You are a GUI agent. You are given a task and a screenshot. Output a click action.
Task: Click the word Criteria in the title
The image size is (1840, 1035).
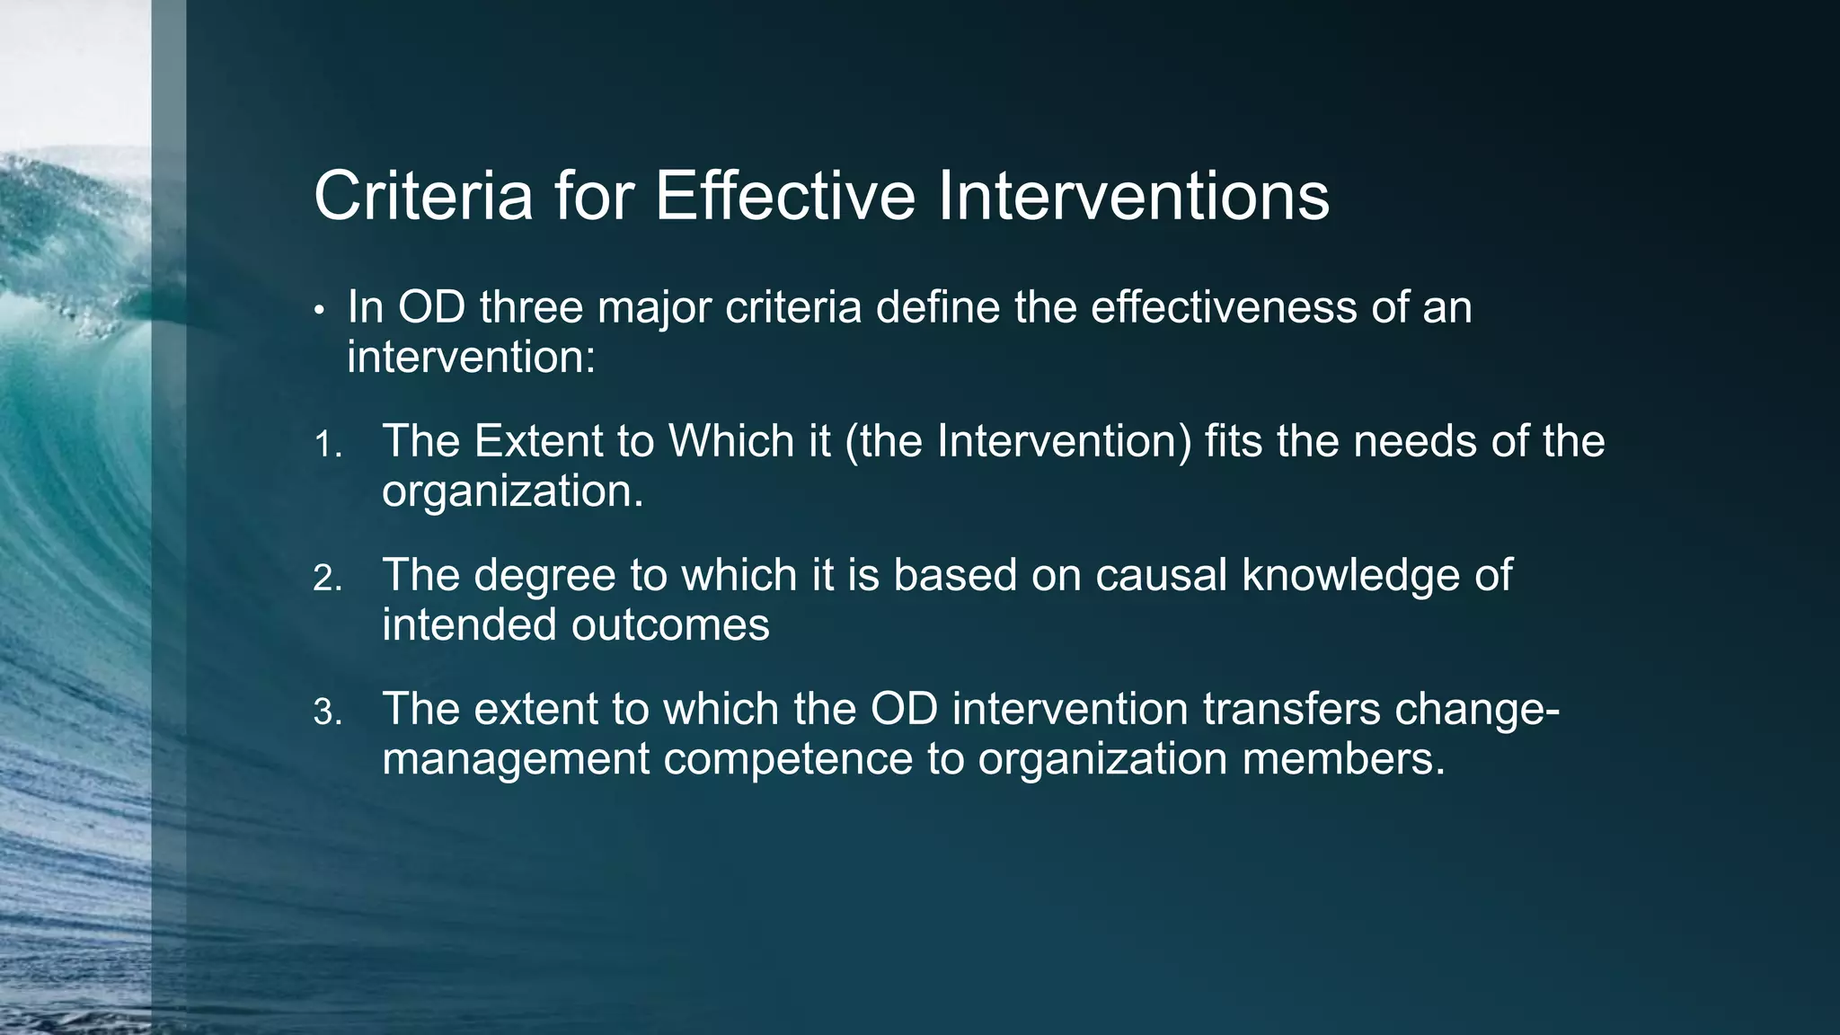point(423,196)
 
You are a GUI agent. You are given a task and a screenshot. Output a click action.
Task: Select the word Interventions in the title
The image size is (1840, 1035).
point(1133,196)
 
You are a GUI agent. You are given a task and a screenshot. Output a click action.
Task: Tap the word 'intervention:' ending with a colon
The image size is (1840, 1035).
point(471,358)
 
